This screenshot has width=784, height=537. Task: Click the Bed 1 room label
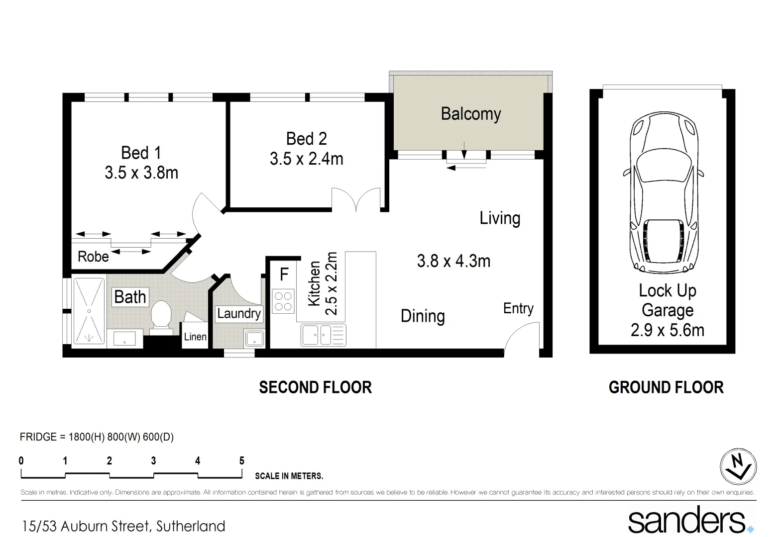(x=141, y=153)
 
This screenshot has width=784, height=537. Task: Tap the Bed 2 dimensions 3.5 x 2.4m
(x=306, y=159)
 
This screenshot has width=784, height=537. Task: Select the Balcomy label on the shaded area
(x=470, y=114)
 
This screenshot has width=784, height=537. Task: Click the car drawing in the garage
(x=663, y=192)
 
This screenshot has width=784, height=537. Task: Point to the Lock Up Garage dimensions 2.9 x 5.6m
(x=667, y=330)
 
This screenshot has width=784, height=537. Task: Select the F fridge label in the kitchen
(x=284, y=274)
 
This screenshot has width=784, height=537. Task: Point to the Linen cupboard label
(x=195, y=337)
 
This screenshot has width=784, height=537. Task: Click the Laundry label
(x=238, y=313)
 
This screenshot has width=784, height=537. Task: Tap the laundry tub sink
(x=254, y=338)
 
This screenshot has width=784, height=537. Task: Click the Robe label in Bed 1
(x=93, y=257)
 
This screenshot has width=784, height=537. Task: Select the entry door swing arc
(x=520, y=337)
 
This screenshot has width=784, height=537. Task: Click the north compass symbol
(x=738, y=467)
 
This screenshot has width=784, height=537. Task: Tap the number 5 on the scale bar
(x=242, y=461)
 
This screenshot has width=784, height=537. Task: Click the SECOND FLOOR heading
(x=315, y=387)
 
